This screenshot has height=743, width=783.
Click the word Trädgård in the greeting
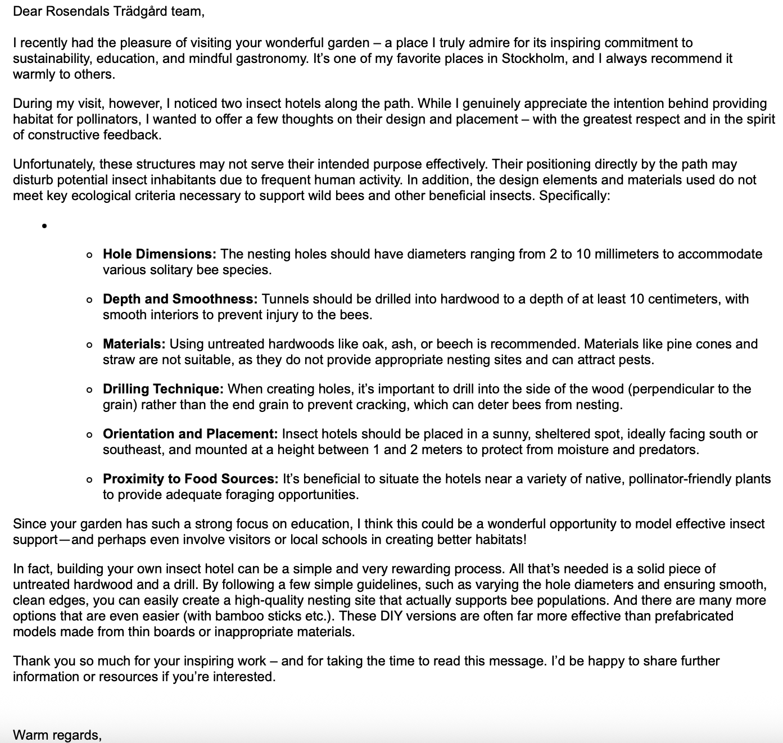coord(137,12)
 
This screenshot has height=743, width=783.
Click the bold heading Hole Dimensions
coord(159,254)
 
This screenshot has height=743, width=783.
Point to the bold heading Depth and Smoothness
coord(180,299)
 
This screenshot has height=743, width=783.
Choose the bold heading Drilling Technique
coord(163,389)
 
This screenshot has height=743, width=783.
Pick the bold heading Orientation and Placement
coord(190,434)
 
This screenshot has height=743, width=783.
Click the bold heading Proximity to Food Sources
coord(190,479)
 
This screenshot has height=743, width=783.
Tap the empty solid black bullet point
coord(43,226)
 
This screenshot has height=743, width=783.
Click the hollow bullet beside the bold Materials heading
coord(90,345)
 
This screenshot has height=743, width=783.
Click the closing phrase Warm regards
coord(57,735)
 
